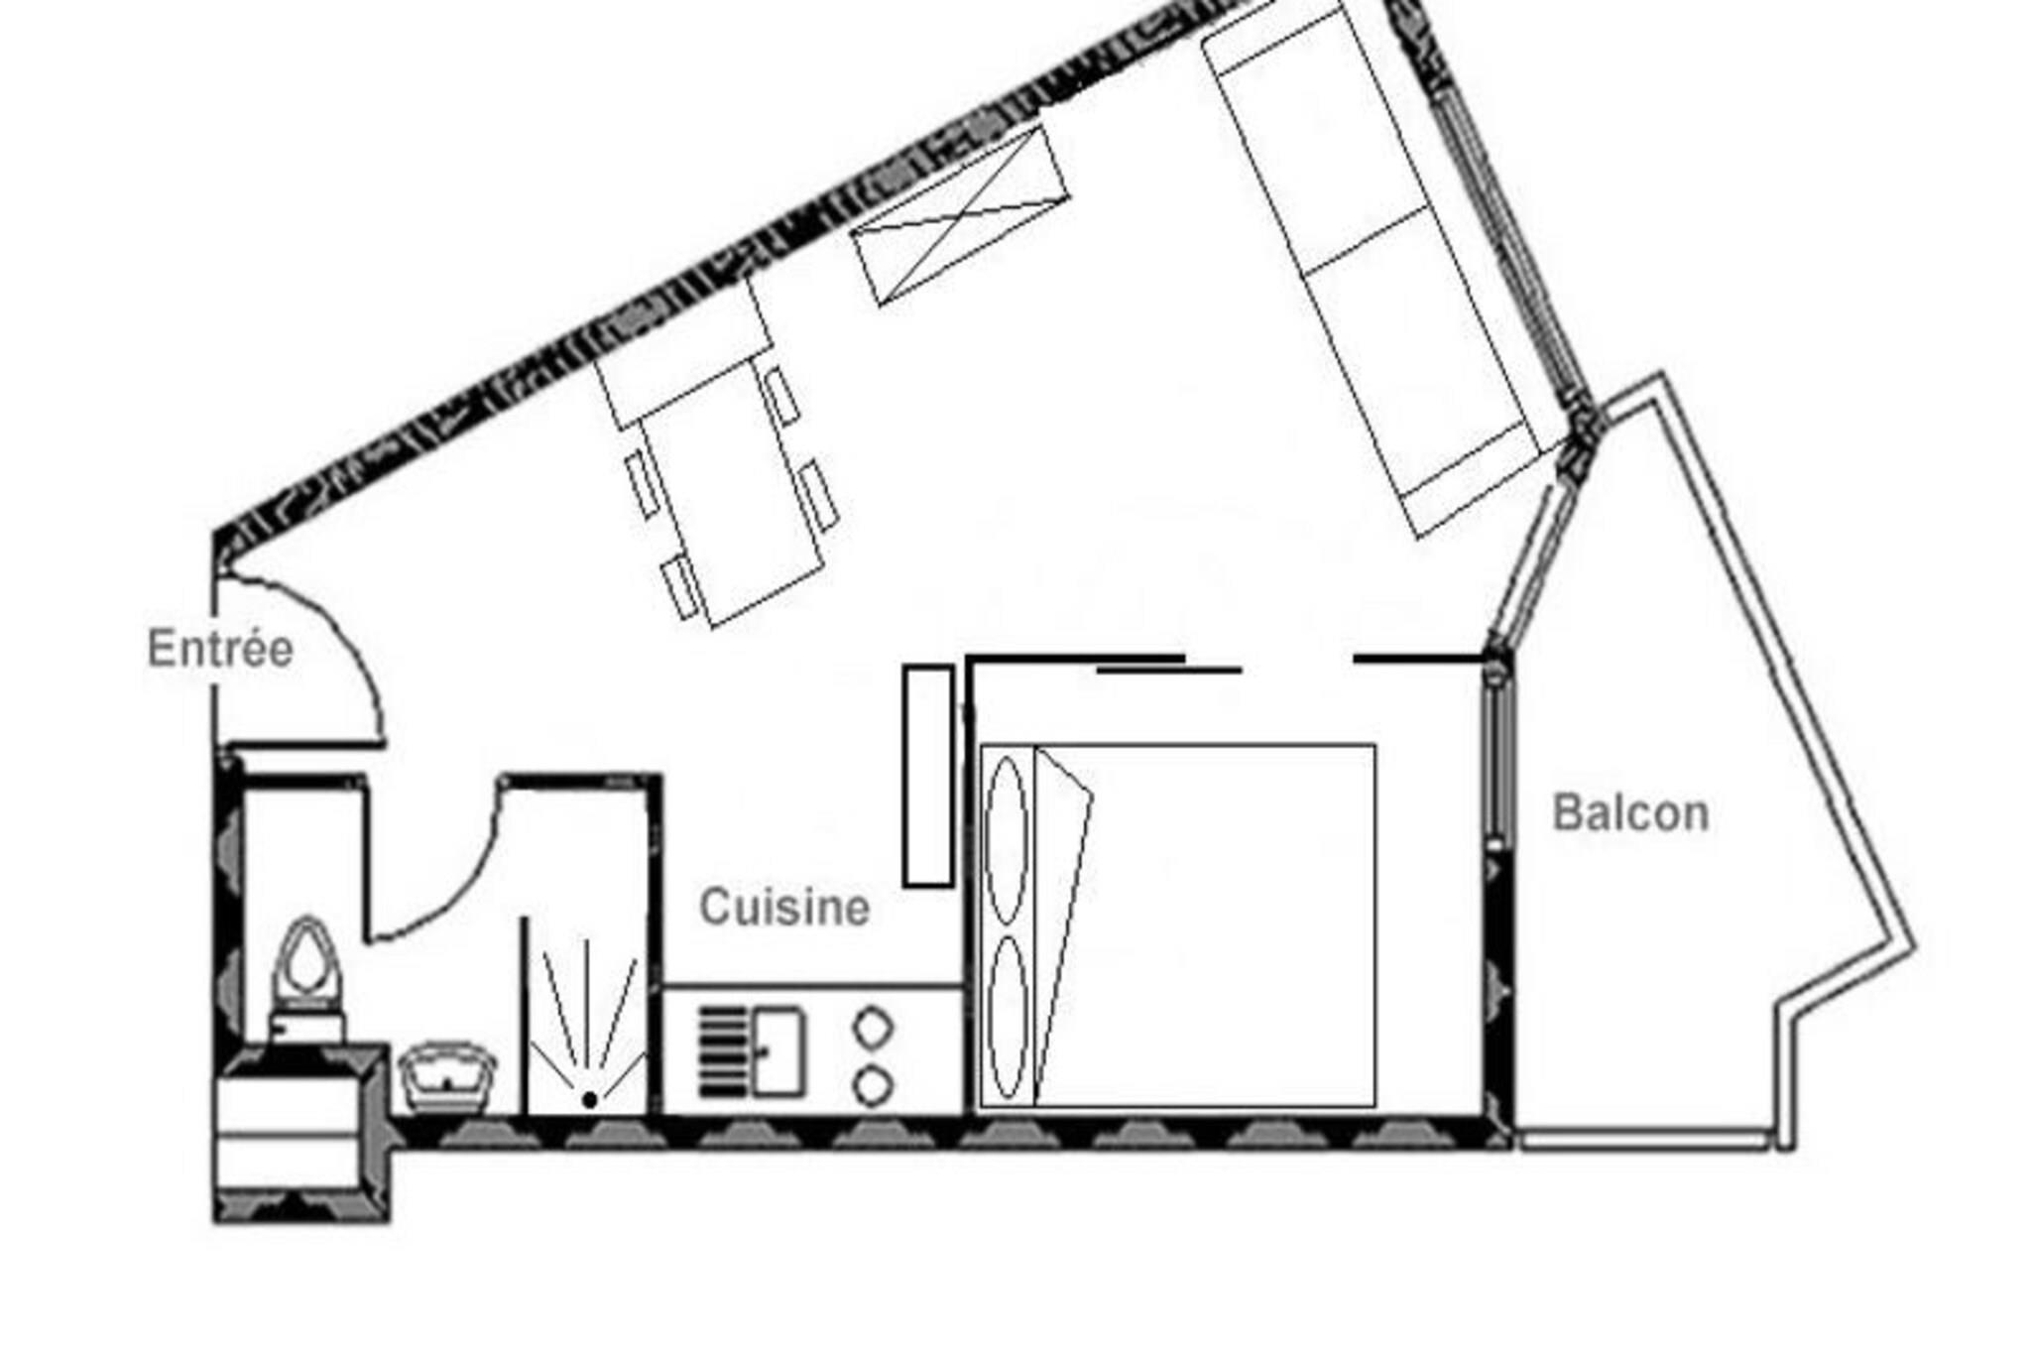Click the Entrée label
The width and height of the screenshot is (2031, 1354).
coord(220,650)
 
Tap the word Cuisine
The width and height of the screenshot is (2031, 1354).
coord(784,907)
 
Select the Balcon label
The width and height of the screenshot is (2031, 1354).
coord(1630,813)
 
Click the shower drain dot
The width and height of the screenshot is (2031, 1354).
coord(590,1099)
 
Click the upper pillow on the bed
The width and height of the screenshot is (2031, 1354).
coord(1007,841)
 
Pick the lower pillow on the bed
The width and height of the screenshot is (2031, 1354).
coord(1007,1018)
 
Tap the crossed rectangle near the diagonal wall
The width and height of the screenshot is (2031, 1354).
coord(961,215)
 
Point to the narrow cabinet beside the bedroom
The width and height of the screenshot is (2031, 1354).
coord(928,776)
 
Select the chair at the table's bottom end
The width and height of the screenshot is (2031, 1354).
coord(681,588)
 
